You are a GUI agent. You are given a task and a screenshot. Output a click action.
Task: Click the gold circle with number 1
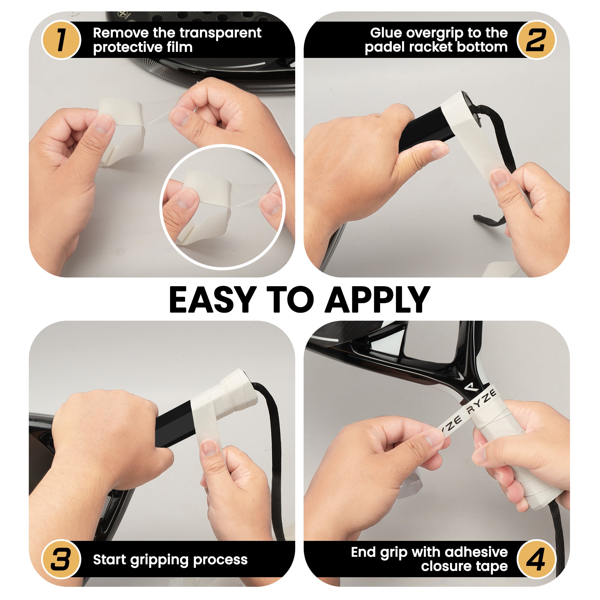(61, 40)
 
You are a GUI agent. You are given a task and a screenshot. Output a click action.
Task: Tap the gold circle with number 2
(536, 40)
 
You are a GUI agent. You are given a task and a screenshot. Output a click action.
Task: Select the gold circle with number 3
(61, 559)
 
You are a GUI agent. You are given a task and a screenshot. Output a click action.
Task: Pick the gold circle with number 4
(536, 559)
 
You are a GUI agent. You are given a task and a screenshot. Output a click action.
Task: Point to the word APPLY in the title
(377, 300)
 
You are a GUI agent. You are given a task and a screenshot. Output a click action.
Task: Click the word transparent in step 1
(220, 33)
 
